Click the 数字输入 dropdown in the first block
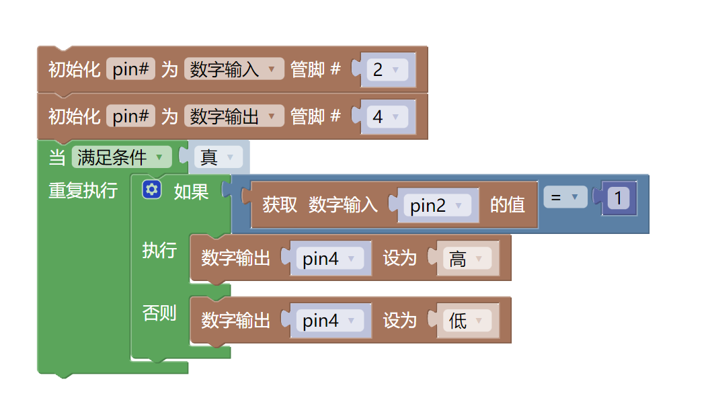233,69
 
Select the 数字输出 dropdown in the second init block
233,117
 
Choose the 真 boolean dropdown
217,158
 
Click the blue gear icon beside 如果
152,190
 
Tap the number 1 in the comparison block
618,198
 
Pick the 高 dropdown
466,259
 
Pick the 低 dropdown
466,321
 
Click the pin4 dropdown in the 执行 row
329,259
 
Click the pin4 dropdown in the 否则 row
329,321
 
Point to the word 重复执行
83,191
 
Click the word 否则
159,313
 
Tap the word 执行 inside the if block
159,251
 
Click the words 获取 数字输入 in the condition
320,205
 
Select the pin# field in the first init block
131,69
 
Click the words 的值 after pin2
508,205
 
